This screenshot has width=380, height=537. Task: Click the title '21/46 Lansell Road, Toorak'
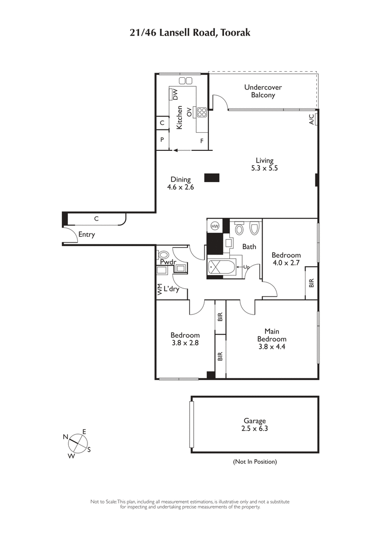click(x=190, y=33)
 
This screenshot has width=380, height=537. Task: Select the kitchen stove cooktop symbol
click(x=202, y=112)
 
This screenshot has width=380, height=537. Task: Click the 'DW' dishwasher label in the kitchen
click(x=175, y=94)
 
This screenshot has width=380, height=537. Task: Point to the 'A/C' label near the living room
click(x=312, y=119)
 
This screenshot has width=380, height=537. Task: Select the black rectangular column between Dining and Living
click(x=212, y=178)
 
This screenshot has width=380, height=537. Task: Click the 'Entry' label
click(x=86, y=234)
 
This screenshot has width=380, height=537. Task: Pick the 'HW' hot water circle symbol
click(x=215, y=226)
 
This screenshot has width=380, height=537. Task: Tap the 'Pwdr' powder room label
click(x=168, y=262)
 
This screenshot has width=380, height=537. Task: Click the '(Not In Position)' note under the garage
click(x=255, y=462)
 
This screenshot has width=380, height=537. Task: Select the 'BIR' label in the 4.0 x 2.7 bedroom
click(x=312, y=283)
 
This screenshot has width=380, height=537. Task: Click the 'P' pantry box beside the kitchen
click(x=162, y=140)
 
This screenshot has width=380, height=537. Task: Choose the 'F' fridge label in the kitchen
click(x=202, y=141)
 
